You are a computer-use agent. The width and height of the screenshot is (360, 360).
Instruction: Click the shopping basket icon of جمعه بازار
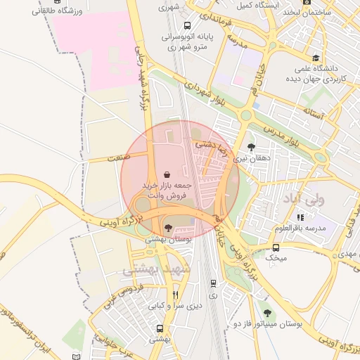click(x=167, y=174)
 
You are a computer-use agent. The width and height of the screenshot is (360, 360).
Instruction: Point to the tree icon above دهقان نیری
click(x=251, y=147)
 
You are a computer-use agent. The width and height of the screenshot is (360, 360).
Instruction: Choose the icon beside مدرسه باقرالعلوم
click(x=300, y=217)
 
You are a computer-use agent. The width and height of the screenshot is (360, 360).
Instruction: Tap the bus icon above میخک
click(x=276, y=247)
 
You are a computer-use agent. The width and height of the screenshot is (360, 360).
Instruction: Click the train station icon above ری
click(x=213, y=283)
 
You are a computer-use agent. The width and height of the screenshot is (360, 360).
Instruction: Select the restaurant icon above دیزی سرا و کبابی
click(x=175, y=295)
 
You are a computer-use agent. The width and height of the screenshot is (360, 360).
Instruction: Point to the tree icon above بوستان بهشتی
click(x=167, y=227)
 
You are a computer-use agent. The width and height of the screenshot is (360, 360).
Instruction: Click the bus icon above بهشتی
click(x=160, y=328)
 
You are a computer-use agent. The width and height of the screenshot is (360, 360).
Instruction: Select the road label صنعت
click(x=120, y=160)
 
